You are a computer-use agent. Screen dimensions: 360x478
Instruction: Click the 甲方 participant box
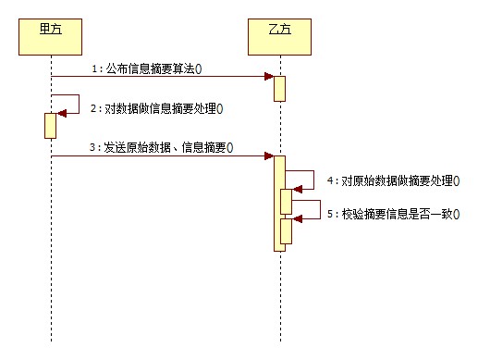click(x=52, y=36)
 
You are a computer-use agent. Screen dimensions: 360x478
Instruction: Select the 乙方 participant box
click(x=279, y=36)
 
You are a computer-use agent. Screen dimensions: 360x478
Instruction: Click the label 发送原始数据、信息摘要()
click(x=166, y=146)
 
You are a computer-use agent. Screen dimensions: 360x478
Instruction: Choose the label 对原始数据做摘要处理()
click(x=398, y=180)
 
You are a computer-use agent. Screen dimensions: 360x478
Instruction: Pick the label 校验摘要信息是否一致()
click(x=398, y=214)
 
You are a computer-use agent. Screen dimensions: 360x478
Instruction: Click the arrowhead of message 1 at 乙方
click(x=268, y=77)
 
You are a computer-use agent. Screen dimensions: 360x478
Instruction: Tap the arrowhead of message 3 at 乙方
click(x=268, y=155)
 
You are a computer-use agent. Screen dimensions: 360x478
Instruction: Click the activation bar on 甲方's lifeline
click(x=51, y=125)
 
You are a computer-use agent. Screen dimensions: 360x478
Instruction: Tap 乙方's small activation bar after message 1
click(x=278, y=89)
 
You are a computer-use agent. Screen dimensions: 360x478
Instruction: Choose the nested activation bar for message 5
click(x=287, y=231)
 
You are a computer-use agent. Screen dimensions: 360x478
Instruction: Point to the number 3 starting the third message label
click(x=92, y=146)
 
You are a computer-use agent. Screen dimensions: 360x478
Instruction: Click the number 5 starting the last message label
click(x=329, y=214)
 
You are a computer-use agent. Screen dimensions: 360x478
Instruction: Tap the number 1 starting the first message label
click(x=92, y=68)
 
